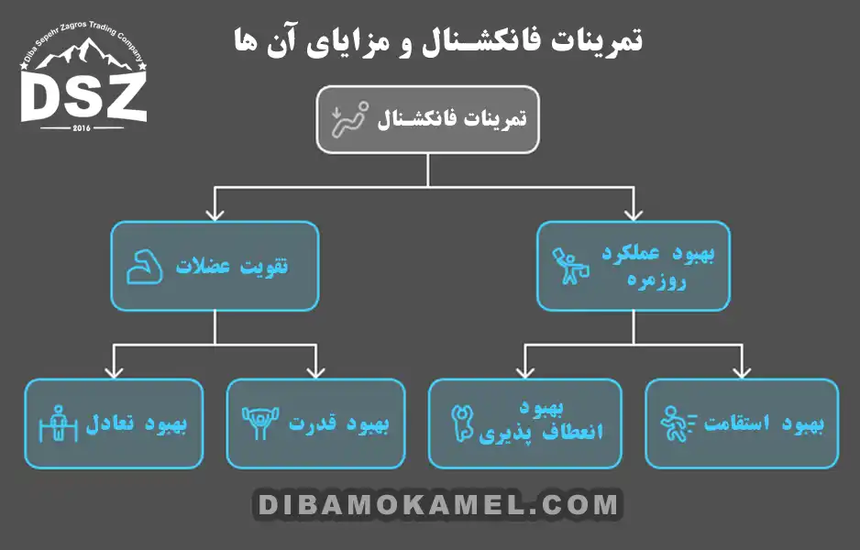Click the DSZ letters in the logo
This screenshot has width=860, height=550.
[x=83, y=97]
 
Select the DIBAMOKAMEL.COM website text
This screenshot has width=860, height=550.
[x=437, y=504]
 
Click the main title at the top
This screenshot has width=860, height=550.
[x=434, y=39]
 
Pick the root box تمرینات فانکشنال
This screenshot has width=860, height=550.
[x=428, y=119]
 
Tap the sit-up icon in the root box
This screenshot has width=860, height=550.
[x=349, y=119]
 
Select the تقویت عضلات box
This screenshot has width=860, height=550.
[x=215, y=266]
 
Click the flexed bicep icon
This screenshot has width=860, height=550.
[x=144, y=267]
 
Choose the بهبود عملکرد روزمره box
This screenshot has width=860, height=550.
[x=634, y=266]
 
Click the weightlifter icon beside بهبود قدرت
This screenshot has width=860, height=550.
[x=259, y=423]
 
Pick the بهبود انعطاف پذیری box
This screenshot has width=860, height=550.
[x=524, y=423]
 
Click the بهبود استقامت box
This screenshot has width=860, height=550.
[x=742, y=423]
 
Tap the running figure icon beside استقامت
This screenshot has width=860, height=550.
[x=678, y=423]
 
